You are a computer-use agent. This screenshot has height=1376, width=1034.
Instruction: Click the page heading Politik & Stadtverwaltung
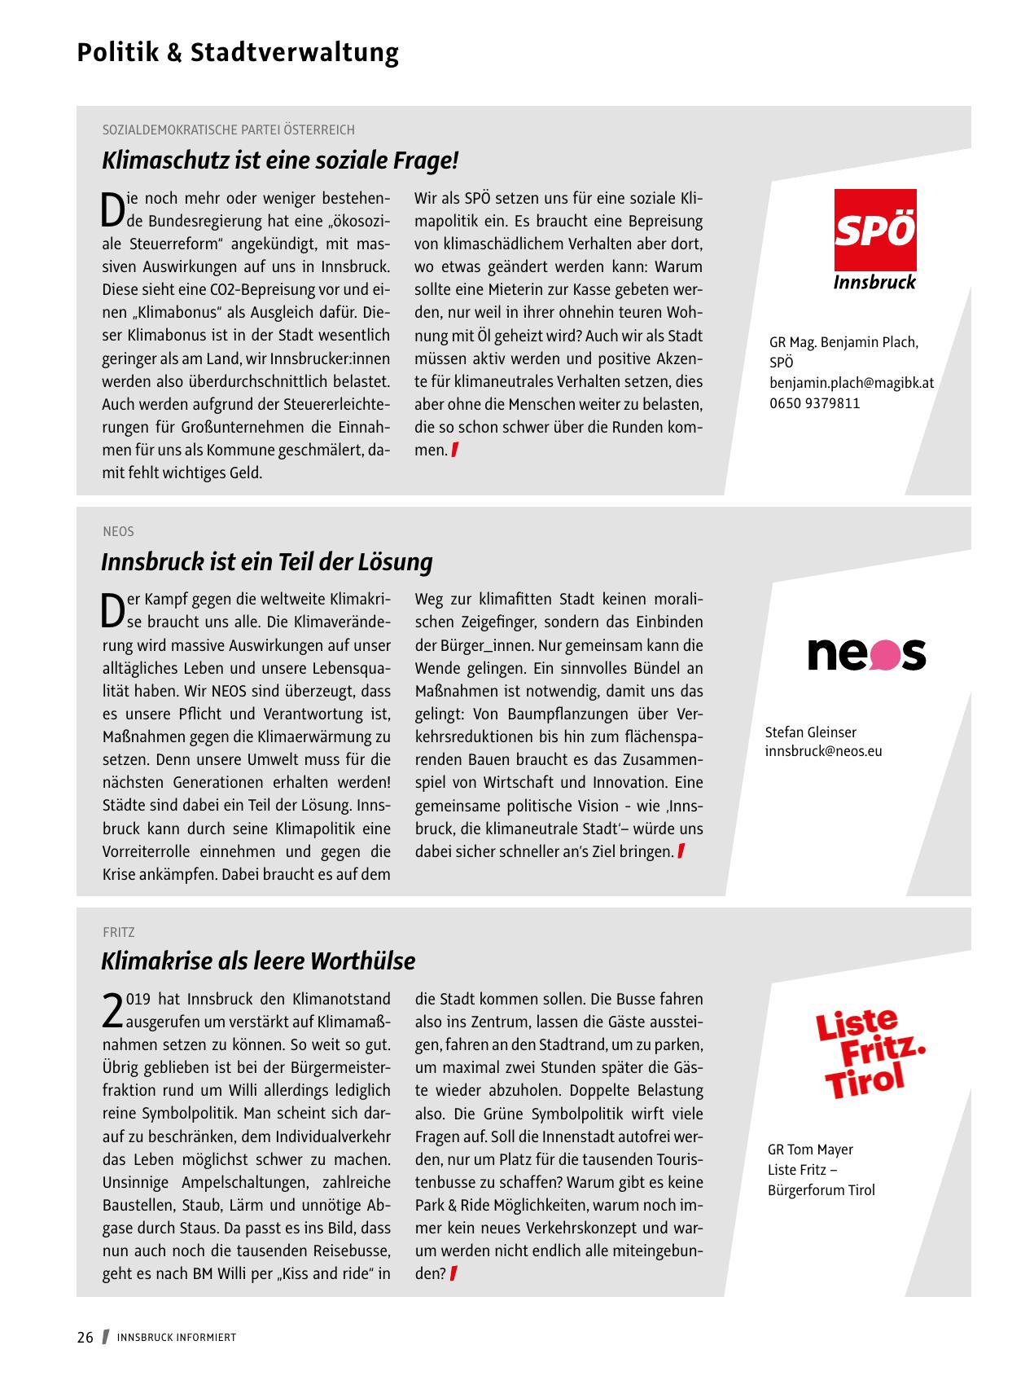238,52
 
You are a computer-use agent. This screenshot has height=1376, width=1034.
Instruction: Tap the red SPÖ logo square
875,230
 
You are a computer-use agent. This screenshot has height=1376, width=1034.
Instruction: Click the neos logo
866,653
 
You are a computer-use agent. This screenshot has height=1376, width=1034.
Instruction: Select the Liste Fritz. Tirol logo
870,1053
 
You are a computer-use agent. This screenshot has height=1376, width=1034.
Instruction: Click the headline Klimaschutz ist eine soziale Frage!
280,160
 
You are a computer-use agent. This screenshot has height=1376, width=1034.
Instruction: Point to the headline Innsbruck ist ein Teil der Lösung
267,562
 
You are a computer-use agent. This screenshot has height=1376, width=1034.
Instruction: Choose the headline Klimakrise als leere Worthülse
258,961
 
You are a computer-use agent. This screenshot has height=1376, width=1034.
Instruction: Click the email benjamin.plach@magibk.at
852,383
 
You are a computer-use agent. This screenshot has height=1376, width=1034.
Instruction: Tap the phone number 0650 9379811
814,403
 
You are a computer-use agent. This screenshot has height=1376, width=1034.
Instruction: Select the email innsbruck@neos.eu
823,751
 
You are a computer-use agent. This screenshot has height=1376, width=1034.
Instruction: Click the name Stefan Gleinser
810,732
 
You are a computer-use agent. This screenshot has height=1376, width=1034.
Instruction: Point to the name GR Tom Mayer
810,1150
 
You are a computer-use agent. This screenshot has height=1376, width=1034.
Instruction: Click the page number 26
85,1338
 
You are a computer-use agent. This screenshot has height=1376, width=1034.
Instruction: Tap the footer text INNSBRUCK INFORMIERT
177,1338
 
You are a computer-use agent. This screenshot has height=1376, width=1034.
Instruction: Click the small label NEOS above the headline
118,531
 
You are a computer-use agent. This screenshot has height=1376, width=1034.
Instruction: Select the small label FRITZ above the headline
119,932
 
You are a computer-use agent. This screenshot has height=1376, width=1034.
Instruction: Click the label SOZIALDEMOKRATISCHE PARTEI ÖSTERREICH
229,130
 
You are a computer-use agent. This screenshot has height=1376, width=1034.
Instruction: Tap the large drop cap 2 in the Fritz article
112,1009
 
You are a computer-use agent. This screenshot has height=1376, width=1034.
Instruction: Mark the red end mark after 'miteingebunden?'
453,1273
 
